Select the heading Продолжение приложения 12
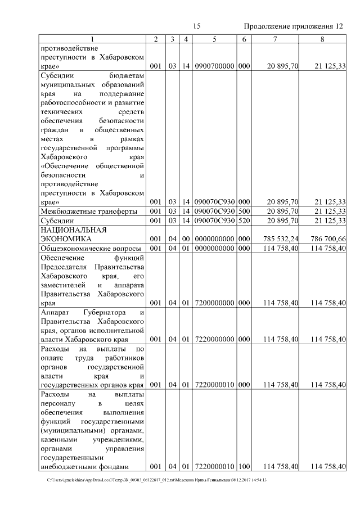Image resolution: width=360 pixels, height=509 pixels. (292, 26)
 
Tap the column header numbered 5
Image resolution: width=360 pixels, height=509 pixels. (215, 39)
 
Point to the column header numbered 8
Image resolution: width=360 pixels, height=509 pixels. (322, 39)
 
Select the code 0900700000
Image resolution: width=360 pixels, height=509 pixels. (214, 66)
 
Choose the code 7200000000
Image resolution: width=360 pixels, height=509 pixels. (214, 303)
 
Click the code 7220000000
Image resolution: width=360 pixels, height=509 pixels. (214, 339)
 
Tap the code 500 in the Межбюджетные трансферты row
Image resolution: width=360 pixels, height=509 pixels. (244, 211)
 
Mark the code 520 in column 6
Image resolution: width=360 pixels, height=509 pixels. (244, 220)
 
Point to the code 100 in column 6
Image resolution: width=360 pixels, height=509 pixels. (244, 466)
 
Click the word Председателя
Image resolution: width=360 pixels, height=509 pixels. (67, 267)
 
